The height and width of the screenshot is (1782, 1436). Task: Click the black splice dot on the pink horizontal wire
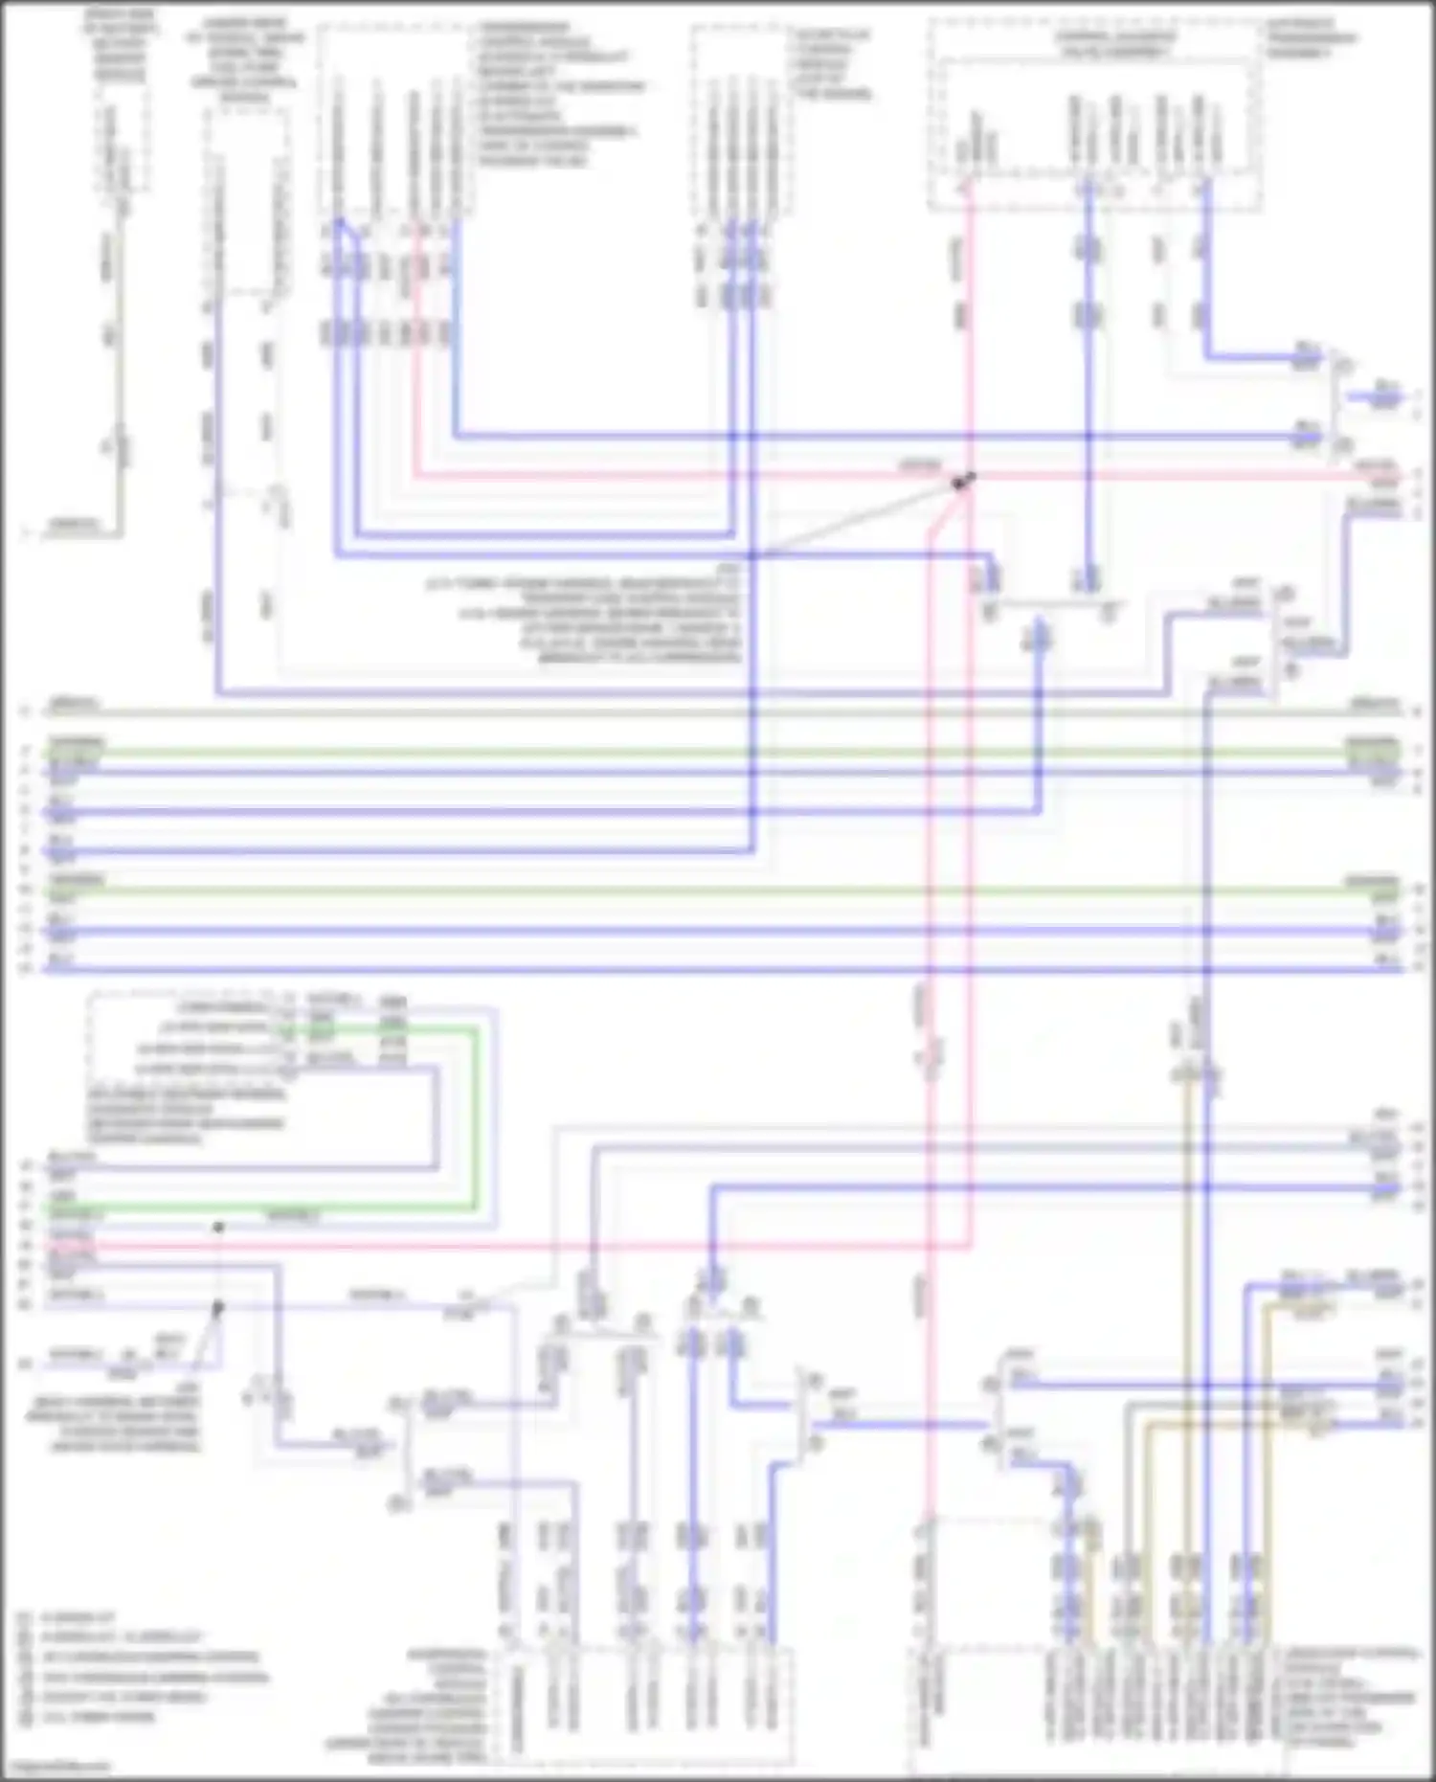[x=962, y=481]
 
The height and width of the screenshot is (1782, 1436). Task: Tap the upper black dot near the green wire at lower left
[x=218, y=1227]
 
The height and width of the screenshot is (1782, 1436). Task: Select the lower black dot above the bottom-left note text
[x=217, y=1307]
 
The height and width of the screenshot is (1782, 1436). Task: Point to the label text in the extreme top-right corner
[x=1311, y=38]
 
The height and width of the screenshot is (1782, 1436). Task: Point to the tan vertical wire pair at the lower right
[x=1187, y=1245]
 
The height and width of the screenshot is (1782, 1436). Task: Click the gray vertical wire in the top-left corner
[x=121, y=364]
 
